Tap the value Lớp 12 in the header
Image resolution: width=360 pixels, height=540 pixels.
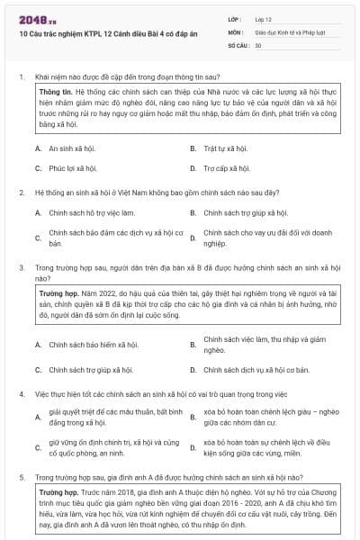point(264,19)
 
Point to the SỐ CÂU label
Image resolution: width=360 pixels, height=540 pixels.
point(238,44)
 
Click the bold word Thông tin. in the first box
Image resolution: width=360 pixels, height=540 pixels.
point(55,92)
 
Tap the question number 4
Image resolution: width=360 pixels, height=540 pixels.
point(21,394)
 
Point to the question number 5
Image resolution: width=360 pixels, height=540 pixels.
point(21,477)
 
